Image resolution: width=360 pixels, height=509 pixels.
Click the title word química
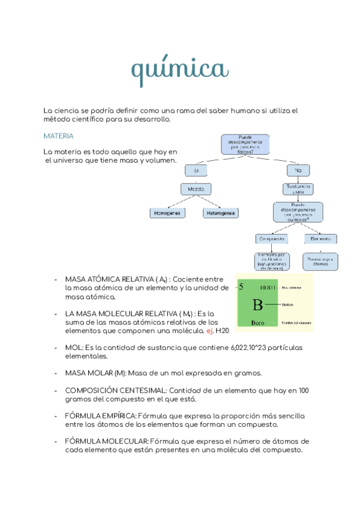coord(179,70)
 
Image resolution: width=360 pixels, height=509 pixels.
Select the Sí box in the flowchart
coord(195,171)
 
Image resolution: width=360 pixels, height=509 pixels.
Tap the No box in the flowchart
coord(298,171)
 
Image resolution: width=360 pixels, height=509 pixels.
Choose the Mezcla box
coord(196,189)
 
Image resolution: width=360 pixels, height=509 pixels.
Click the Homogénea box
coord(167,213)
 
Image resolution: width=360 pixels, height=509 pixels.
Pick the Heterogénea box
coord(221,213)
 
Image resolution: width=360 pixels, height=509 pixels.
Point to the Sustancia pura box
coord(298,189)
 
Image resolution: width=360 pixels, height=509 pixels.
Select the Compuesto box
coord(272,238)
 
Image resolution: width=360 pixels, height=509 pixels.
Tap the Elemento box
coord(320,238)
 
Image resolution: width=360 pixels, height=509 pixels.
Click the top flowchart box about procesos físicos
coord(245,144)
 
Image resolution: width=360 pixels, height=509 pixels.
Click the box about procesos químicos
coord(298,212)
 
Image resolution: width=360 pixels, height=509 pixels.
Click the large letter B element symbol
coord(257,305)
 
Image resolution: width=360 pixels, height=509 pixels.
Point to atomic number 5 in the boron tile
coord(241,287)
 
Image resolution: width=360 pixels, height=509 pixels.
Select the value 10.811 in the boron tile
coord(268,288)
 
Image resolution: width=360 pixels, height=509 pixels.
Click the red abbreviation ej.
coord(209,331)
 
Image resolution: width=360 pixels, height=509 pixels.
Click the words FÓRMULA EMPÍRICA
coord(101,415)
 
